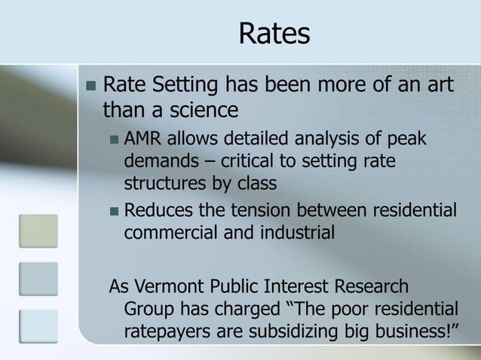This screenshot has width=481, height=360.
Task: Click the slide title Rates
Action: [x=274, y=34]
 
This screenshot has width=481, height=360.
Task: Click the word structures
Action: [x=161, y=183]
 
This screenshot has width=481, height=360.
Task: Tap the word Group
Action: [x=146, y=309]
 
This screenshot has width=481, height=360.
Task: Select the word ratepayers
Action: [x=170, y=331]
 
